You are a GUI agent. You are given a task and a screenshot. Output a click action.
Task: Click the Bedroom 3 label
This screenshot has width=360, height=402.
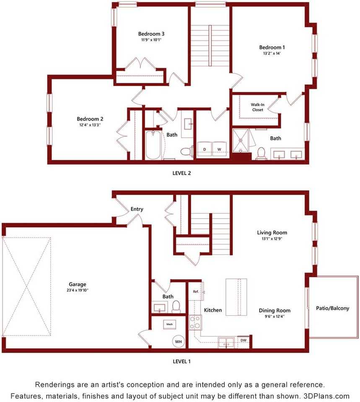151,34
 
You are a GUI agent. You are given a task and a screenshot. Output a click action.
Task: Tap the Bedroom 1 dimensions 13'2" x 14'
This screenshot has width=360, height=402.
272,54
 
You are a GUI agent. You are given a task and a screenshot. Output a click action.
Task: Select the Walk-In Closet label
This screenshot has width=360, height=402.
257,107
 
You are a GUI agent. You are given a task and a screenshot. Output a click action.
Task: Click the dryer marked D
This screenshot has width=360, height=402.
205,149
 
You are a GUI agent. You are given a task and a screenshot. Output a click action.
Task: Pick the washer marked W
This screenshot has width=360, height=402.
219,149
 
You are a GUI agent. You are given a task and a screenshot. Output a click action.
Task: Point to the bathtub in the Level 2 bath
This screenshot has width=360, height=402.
153,145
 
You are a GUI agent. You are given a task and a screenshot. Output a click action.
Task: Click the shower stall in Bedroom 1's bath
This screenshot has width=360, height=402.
241,140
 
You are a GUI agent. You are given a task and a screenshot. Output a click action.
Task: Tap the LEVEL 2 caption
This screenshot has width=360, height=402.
181,173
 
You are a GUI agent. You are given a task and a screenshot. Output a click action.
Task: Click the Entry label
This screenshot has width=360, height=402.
137,209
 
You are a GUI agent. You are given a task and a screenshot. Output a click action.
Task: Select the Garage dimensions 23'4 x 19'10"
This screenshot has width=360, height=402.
77,291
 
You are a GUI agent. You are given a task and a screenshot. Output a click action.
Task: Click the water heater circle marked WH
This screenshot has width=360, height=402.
179,342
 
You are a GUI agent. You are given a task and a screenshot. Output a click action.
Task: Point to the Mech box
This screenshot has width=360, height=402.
170,324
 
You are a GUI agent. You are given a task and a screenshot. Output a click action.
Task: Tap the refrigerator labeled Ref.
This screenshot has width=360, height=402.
196,291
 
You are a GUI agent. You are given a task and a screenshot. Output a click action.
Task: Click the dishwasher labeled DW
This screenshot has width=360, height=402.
243,340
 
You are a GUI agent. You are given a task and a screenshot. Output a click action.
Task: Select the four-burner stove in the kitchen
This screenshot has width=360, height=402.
195,322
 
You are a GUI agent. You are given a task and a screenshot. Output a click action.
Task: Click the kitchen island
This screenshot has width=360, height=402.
236,297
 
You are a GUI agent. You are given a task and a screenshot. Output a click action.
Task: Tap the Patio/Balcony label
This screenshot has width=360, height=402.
332,308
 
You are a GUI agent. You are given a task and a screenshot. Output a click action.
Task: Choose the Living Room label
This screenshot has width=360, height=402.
272,232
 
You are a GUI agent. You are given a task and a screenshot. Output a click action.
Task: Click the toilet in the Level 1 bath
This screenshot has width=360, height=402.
176,307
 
